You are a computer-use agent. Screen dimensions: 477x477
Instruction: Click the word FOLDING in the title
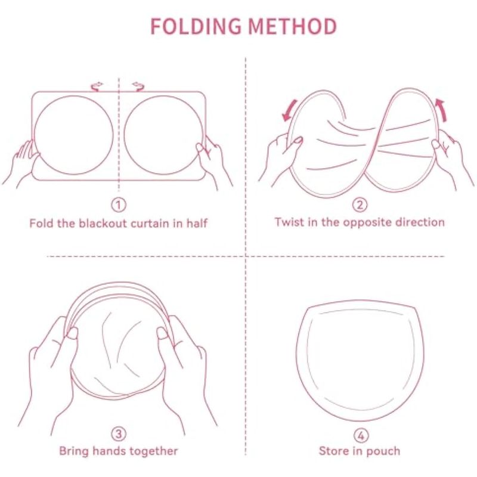click(x=196, y=26)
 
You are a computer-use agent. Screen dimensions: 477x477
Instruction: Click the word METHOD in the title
click(x=292, y=26)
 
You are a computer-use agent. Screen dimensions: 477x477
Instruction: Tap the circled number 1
click(x=119, y=205)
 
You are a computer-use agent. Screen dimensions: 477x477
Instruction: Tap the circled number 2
click(x=360, y=205)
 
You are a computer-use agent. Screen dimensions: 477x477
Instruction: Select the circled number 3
click(x=119, y=434)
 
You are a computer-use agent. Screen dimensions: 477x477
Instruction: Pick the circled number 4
click(x=361, y=436)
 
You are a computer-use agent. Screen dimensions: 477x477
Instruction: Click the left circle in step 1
click(x=34, y=135)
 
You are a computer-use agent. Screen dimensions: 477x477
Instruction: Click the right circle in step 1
click(x=124, y=135)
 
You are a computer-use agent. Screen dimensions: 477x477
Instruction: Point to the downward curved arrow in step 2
click(x=290, y=111)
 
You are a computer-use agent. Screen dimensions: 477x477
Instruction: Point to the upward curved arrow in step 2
click(x=442, y=110)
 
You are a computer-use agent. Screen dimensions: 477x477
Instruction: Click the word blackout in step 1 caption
click(x=103, y=223)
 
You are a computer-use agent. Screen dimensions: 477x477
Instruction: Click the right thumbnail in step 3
click(x=162, y=333)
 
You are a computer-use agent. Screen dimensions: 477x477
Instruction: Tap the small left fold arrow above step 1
click(x=97, y=86)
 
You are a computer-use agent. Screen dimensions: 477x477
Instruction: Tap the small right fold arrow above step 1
click(x=138, y=86)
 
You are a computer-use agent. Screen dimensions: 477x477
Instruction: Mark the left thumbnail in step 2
click(x=298, y=140)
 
